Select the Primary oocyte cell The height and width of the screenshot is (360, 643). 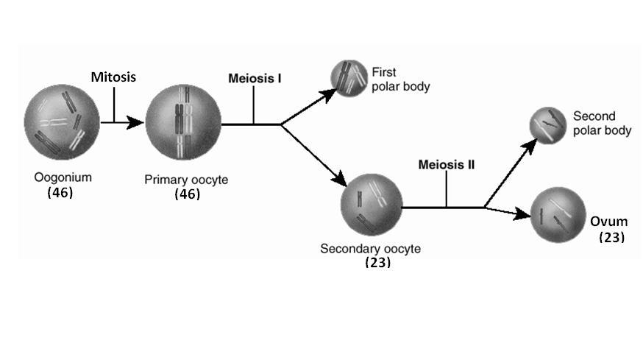(182, 122)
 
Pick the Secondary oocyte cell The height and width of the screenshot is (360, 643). (371, 205)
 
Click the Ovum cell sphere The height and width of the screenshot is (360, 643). (557, 215)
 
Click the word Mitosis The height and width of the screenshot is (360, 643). (113, 76)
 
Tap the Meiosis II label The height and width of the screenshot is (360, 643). (446, 164)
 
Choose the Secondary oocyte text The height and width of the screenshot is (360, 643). (370, 248)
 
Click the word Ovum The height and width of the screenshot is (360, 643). (608, 222)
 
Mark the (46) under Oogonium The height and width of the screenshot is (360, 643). (60, 192)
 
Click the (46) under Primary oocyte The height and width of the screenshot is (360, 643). (187, 194)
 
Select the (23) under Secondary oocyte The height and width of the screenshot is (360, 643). (377, 262)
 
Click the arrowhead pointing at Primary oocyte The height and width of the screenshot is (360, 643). (135, 122)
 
